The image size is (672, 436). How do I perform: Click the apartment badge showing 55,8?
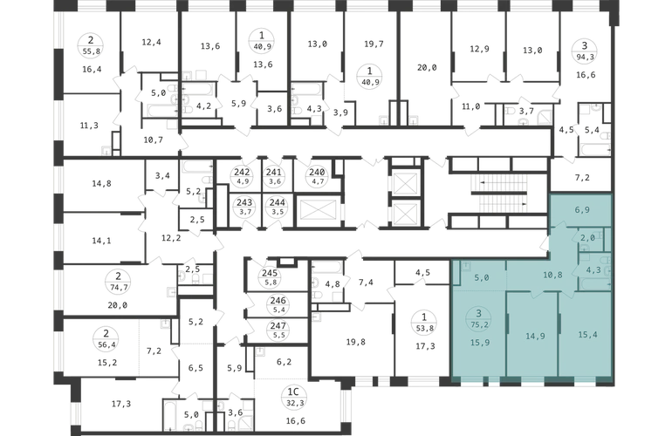(x=91, y=46)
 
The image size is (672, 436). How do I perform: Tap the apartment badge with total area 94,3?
(x=584, y=51)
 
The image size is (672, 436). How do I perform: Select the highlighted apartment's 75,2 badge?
(x=479, y=319)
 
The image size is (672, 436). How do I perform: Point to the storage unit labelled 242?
(x=242, y=176)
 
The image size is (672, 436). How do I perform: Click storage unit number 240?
(x=317, y=176)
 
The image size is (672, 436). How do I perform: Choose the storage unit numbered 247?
(x=278, y=330)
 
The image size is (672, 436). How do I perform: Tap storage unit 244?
(x=278, y=207)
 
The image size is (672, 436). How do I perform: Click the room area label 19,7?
(x=374, y=44)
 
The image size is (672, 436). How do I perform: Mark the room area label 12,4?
(x=151, y=42)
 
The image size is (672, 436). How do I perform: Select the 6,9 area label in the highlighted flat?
(x=582, y=210)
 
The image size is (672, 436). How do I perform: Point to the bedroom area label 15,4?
(x=587, y=335)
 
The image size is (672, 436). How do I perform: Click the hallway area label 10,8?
(x=552, y=275)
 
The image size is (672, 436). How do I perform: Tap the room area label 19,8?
(x=356, y=342)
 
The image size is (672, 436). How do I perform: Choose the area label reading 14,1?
(x=101, y=241)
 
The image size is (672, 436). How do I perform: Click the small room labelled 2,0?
(x=587, y=238)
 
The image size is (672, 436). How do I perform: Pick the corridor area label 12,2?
(x=171, y=238)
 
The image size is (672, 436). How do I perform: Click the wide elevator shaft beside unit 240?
(x=318, y=210)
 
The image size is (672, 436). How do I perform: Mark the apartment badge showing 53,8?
(x=424, y=323)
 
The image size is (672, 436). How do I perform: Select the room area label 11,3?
(x=89, y=125)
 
